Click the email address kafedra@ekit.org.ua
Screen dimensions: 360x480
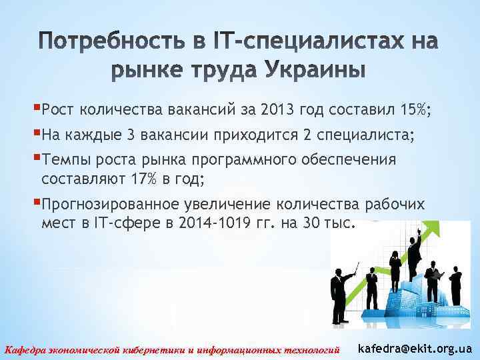(415, 348)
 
